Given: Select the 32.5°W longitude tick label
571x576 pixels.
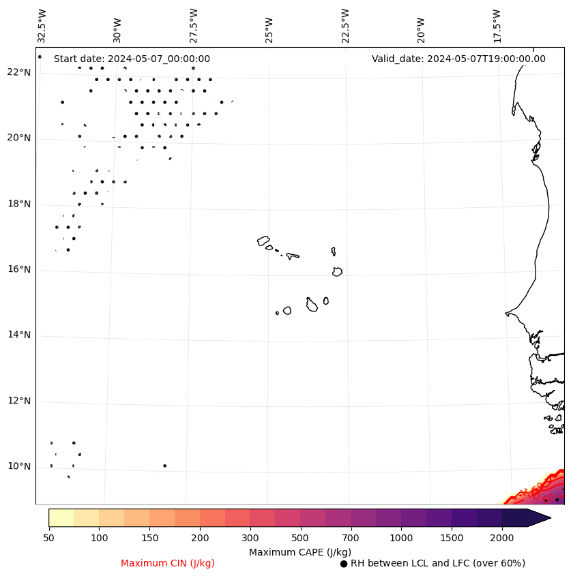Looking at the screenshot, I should click(x=42, y=25).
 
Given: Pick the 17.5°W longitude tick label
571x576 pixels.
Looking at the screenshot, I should click(x=497, y=25).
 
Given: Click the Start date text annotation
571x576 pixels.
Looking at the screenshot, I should click(x=132, y=59).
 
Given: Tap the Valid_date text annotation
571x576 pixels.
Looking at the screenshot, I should click(x=458, y=59).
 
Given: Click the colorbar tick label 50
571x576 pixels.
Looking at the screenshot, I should click(x=48, y=539).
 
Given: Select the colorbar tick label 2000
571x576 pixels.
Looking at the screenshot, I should click(x=502, y=539).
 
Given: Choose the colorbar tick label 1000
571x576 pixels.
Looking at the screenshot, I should click(x=401, y=539).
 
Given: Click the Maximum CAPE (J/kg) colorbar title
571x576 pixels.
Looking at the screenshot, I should click(x=300, y=552).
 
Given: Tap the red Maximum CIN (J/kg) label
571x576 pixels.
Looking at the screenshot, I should click(x=168, y=564).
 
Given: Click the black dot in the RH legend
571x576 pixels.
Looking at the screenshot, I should click(x=344, y=564).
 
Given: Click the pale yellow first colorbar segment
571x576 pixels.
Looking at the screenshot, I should click(x=61, y=518).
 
